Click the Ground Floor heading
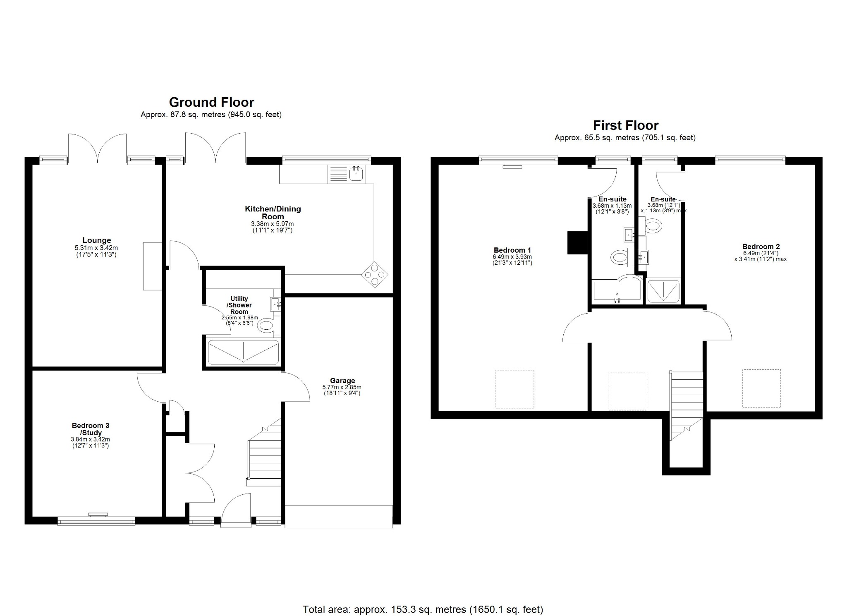click(x=211, y=102)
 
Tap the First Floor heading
click(x=625, y=125)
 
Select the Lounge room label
click(x=96, y=240)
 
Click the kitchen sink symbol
click(x=356, y=174)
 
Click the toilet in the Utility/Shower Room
click(x=266, y=326)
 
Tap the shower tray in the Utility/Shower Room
click(x=243, y=352)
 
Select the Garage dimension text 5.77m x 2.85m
click(x=342, y=387)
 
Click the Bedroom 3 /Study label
click(x=91, y=429)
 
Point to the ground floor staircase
click(x=265, y=455)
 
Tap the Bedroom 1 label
click(x=512, y=250)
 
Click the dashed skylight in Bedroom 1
click(x=515, y=389)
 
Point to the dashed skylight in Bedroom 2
click(x=762, y=388)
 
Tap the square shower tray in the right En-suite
click(x=663, y=290)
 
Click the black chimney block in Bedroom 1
click(x=578, y=242)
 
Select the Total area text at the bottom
click(x=423, y=597)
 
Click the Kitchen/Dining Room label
click(x=273, y=213)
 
